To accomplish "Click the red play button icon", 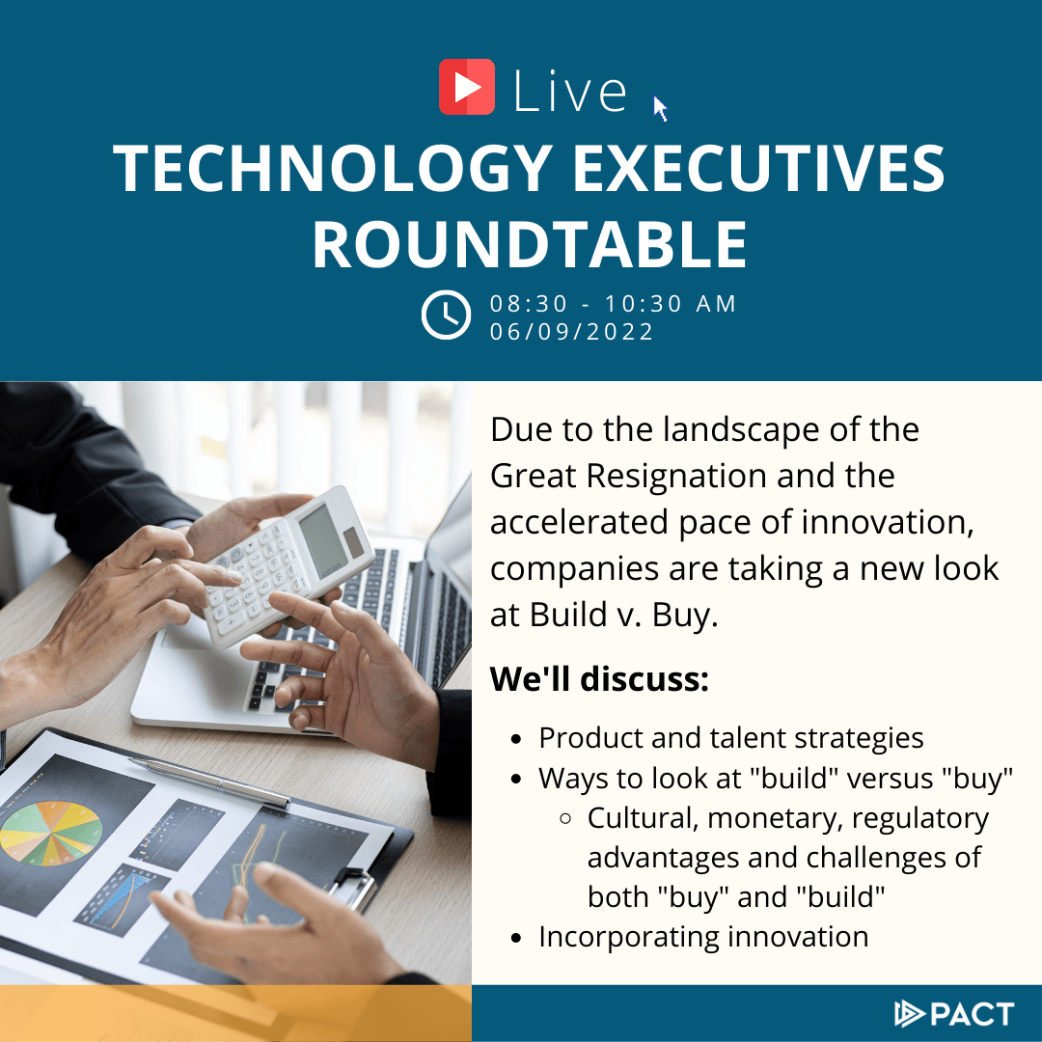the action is pyautogui.click(x=467, y=87).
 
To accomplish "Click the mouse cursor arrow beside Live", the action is pyautogui.click(x=660, y=109).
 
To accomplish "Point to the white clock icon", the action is pyautogui.click(x=446, y=315).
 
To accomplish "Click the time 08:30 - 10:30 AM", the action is pyautogui.click(x=613, y=304).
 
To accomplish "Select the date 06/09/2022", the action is pyautogui.click(x=571, y=332).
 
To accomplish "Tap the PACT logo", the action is pyautogui.click(x=954, y=1013).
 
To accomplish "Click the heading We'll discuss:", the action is pyautogui.click(x=599, y=678).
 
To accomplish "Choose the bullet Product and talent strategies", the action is pyautogui.click(x=731, y=738).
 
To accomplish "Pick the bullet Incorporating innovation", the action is pyautogui.click(x=703, y=937).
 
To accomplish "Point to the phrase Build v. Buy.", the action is pyautogui.click(x=624, y=615).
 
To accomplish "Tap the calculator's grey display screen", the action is pyautogui.click(x=322, y=540).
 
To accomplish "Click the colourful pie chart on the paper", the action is pyautogui.click(x=50, y=833).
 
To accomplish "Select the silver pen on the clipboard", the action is pyautogui.click(x=209, y=782).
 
